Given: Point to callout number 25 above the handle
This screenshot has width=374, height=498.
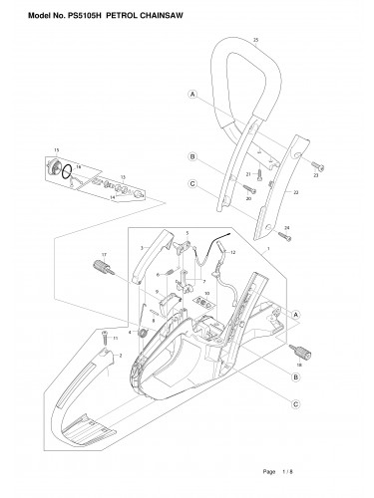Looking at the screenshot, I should tap(256, 38).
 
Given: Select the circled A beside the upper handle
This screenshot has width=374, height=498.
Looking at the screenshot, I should tap(190, 95).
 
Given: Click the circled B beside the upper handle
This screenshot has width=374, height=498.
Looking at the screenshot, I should tap(190, 156).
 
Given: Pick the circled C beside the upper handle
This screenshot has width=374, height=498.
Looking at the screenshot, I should tap(190, 182).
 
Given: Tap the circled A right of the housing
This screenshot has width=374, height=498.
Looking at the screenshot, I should tap(296, 313).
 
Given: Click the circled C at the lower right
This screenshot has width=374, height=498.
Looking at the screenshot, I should tap(296, 404).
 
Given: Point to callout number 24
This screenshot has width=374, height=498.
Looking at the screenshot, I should tap(287, 228).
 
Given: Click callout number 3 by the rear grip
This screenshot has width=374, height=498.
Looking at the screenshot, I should tap(144, 245).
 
